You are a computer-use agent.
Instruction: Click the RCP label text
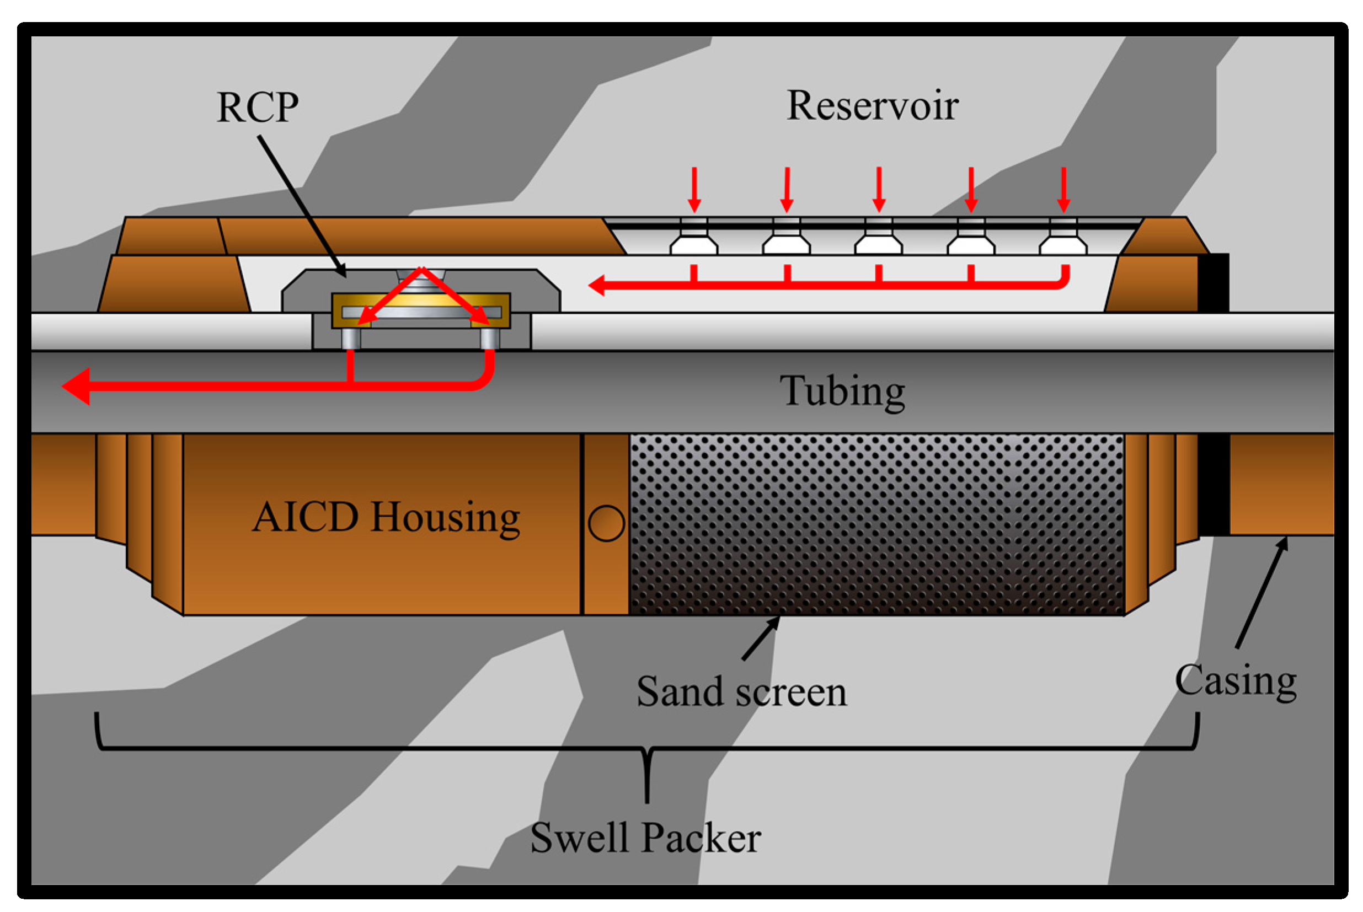[257, 108]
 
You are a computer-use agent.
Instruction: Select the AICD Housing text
[386, 517]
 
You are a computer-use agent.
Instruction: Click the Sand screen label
[741, 692]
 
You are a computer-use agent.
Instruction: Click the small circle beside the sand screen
[606, 523]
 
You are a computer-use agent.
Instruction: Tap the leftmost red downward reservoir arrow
[693, 190]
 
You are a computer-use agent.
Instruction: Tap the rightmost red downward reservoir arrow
[1063, 190]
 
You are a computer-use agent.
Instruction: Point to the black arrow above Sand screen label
[760, 639]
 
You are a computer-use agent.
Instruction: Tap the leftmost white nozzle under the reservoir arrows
[693, 244]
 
